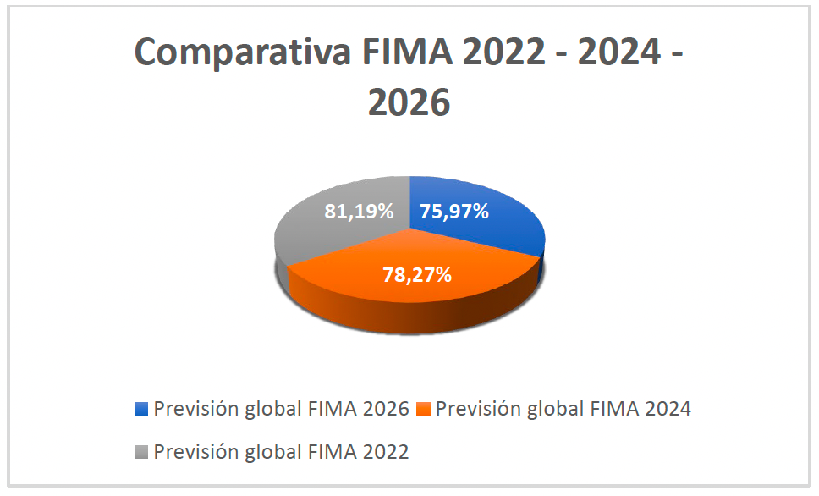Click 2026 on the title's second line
coord(409,103)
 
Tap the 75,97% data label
coord(455,212)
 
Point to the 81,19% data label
coord(360,212)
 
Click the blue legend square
coord(141,410)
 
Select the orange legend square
coord(423,410)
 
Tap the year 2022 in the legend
coord(385,452)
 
